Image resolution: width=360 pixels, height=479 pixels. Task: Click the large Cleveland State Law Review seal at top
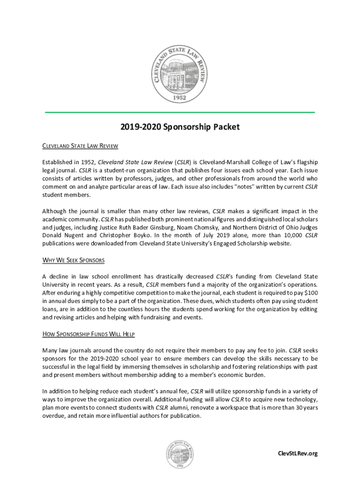(x=180, y=74)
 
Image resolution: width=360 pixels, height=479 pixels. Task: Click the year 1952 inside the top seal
(x=180, y=98)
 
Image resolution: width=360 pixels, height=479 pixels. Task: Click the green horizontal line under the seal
(x=180, y=112)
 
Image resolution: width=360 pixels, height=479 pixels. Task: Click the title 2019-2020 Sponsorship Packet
(x=180, y=127)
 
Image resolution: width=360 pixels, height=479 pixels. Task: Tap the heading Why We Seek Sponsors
(x=73, y=260)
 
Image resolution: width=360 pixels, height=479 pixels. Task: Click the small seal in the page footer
(x=180, y=453)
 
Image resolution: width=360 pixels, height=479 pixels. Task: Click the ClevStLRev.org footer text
(x=297, y=453)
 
